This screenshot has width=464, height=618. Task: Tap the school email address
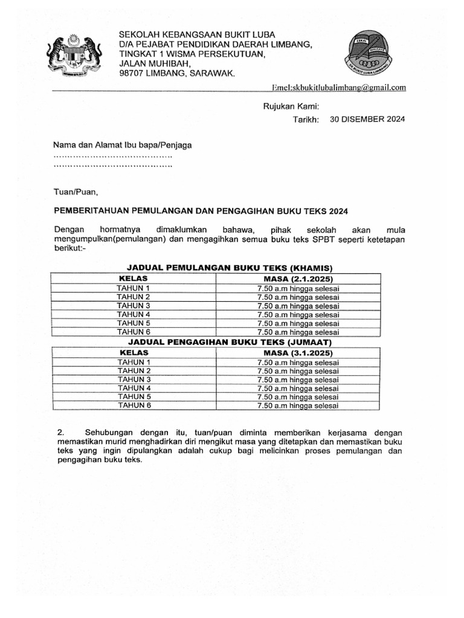click(339, 88)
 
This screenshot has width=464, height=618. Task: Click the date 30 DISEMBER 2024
click(367, 119)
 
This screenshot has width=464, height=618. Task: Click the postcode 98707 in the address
click(134, 73)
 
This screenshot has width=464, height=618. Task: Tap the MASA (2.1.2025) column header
click(298, 279)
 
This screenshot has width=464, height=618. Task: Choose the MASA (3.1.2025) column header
click(298, 352)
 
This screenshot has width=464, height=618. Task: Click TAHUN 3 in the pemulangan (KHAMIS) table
click(133, 305)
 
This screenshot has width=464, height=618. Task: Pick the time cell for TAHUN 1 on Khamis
click(298, 288)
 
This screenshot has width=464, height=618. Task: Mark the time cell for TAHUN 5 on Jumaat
click(298, 397)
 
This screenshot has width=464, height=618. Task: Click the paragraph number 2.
click(60, 433)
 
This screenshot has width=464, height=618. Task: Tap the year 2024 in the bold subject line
click(338, 211)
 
